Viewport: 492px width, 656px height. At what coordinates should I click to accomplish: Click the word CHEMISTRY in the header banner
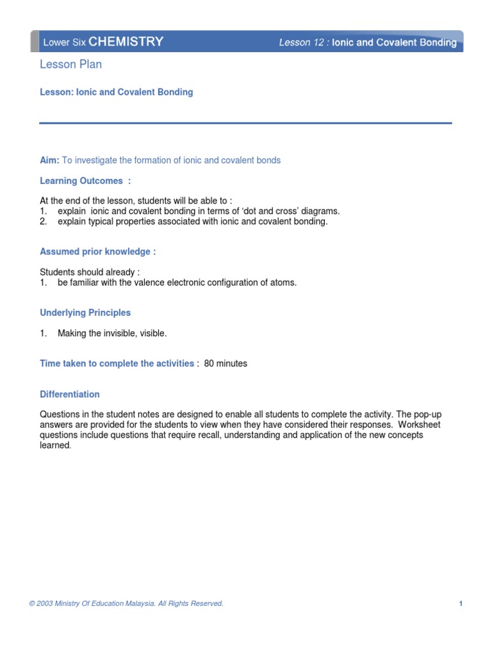click(126, 42)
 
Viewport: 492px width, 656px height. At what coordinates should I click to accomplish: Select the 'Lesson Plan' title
click(70, 64)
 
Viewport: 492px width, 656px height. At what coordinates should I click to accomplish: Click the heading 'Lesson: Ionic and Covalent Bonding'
click(116, 92)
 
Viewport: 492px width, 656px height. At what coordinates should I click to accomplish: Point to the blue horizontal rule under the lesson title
click(245, 123)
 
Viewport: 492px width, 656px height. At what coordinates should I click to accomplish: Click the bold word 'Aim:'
click(49, 160)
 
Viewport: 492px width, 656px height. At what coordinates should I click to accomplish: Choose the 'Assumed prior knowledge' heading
click(97, 252)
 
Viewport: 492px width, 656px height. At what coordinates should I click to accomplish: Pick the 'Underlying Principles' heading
click(85, 313)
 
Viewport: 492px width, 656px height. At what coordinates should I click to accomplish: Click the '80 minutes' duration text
click(225, 363)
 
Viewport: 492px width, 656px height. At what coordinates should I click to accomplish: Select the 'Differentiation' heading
click(70, 394)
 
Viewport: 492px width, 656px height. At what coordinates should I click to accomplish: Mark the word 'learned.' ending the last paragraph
click(55, 445)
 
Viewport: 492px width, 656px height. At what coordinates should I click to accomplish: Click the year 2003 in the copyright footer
click(44, 603)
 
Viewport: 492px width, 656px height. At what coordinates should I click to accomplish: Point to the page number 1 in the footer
click(461, 603)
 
